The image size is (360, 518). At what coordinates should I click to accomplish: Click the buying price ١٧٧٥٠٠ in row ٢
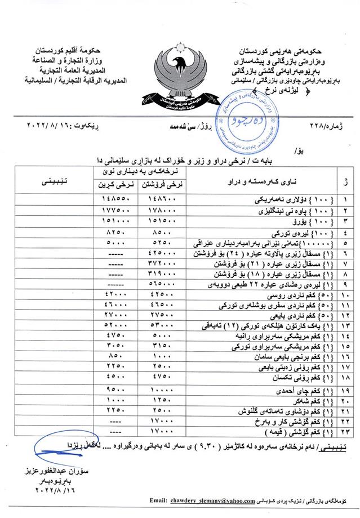(x=118, y=211)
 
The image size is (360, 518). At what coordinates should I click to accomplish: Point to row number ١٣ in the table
(x=345, y=326)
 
